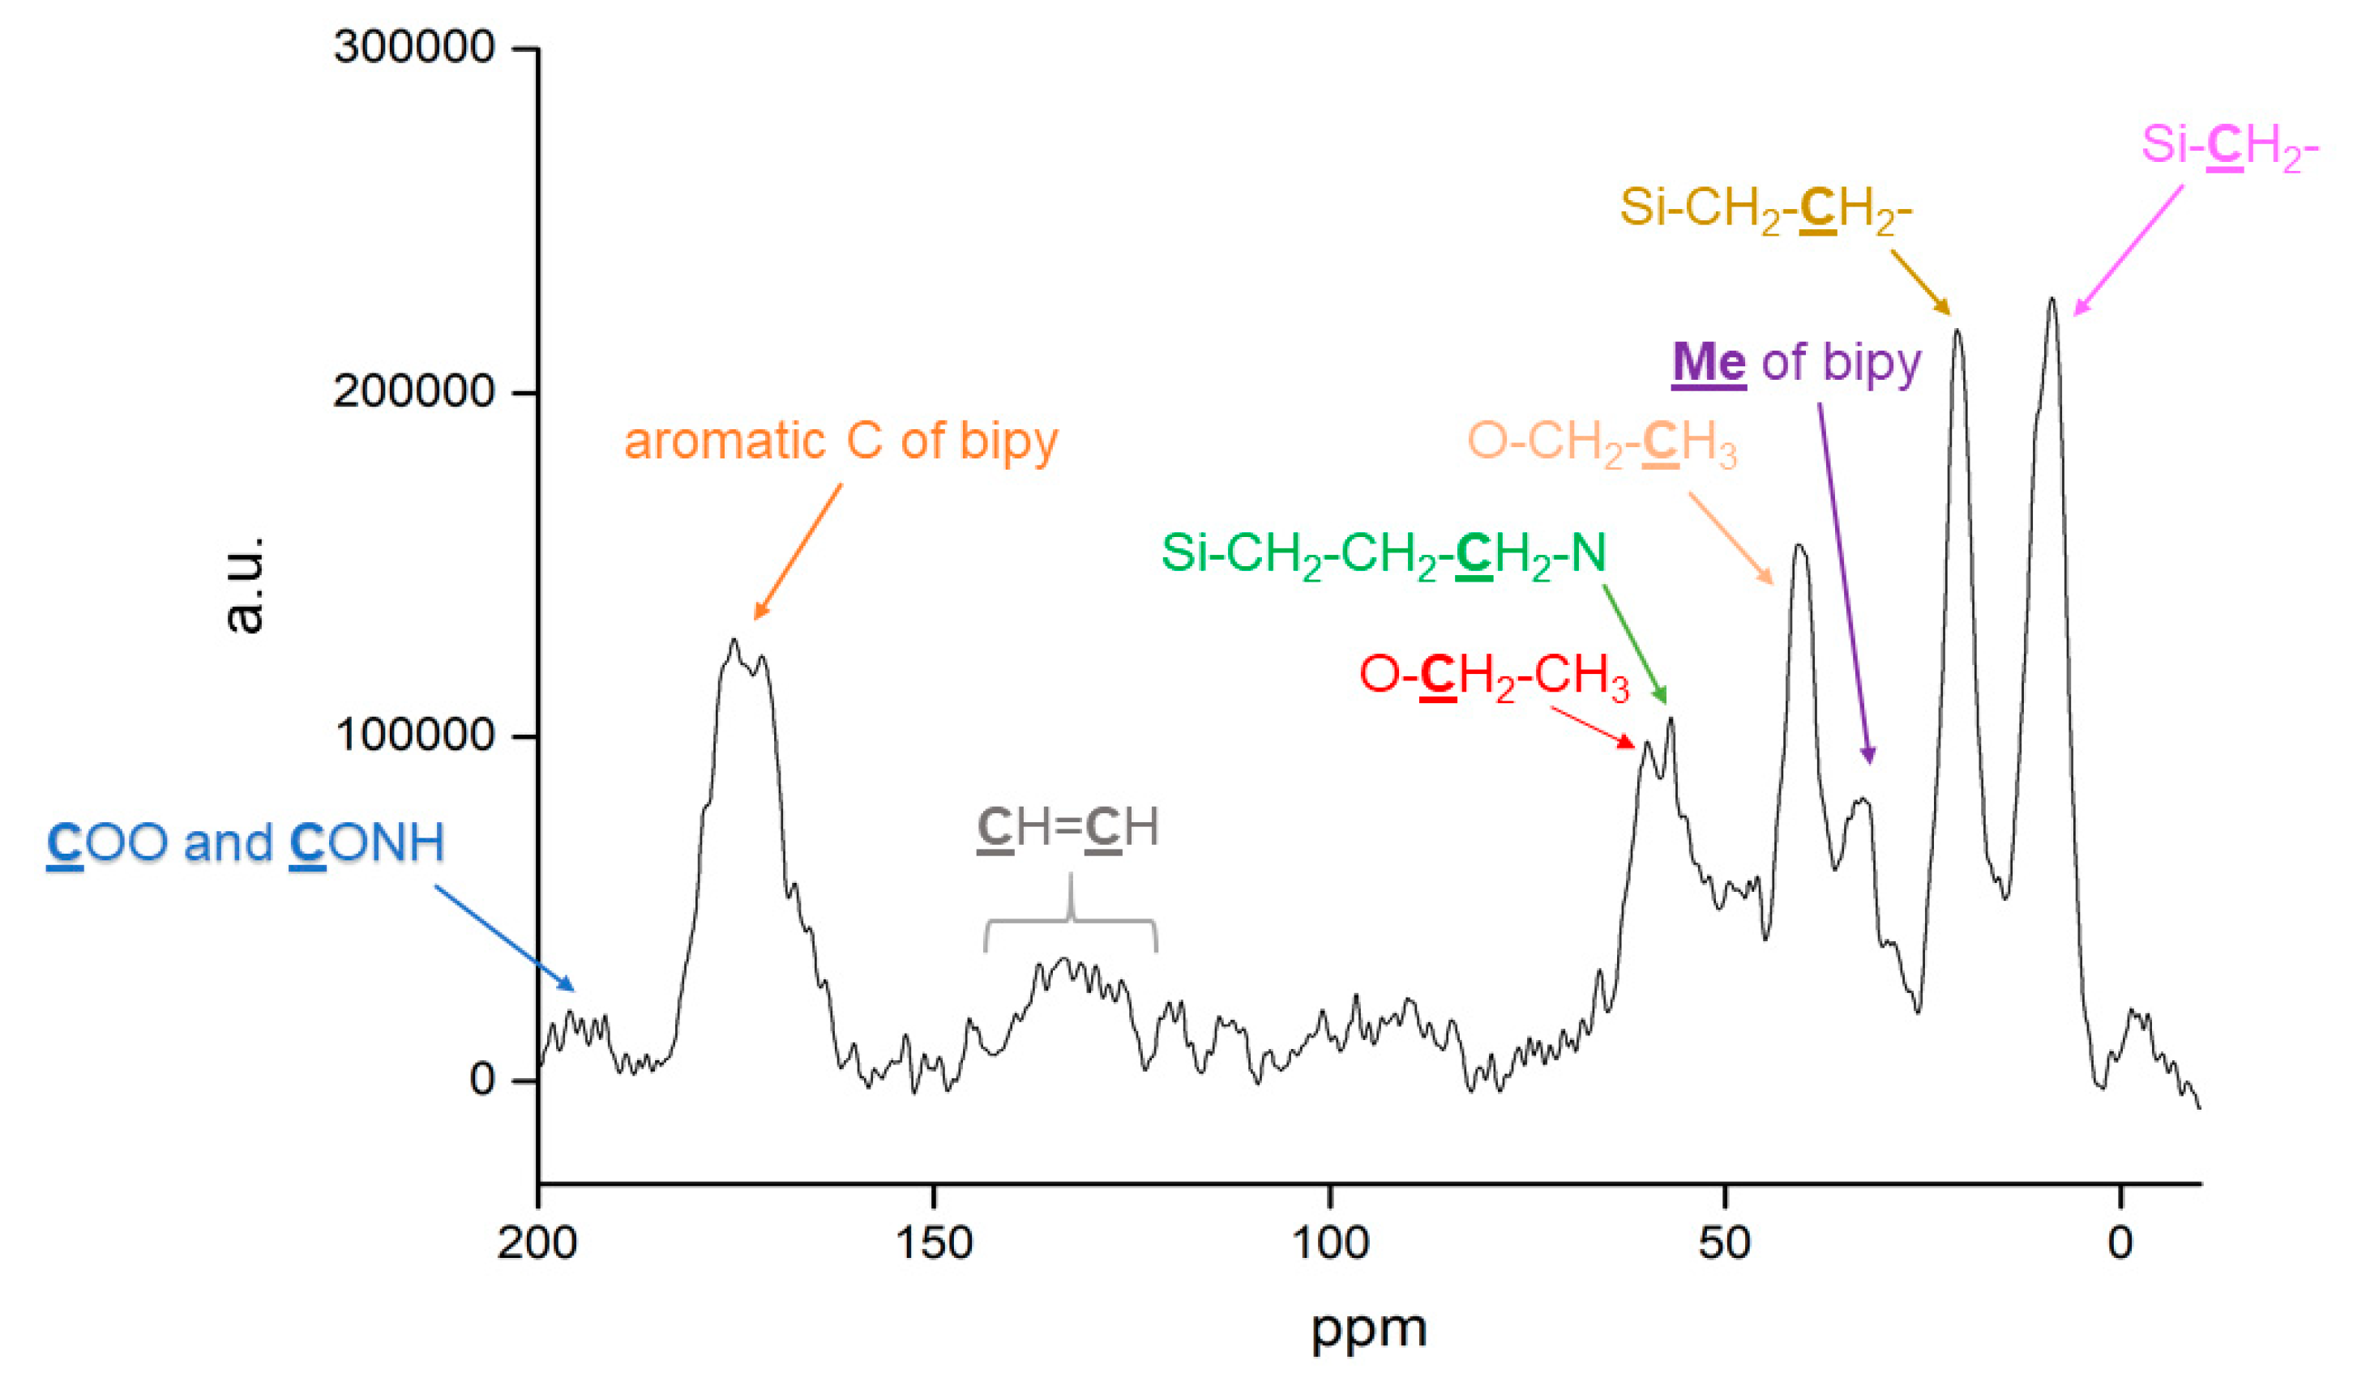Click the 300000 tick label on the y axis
(x=413, y=47)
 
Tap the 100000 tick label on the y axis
(x=413, y=735)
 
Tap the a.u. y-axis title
(x=244, y=584)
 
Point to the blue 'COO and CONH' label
(x=246, y=842)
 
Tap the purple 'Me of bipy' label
(x=1796, y=364)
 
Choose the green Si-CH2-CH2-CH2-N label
(x=1384, y=555)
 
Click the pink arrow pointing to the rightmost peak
(x=2128, y=249)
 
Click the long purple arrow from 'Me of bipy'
(x=1844, y=582)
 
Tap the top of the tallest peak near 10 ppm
(x=2051, y=301)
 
